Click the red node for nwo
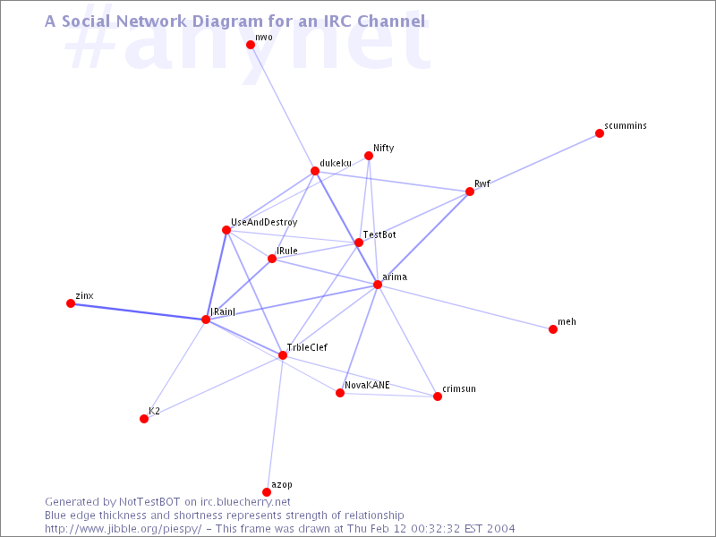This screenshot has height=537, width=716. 251,44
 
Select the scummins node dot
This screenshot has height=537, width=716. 600,133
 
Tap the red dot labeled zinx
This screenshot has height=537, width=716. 71,303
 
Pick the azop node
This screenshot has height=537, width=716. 267,491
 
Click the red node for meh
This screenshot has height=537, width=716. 553,329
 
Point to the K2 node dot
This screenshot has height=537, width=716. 144,419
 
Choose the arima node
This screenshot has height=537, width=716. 378,285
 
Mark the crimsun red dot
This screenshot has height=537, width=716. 438,396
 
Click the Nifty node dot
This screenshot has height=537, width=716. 369,156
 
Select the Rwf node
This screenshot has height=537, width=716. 470,192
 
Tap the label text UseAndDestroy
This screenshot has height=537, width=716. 264,222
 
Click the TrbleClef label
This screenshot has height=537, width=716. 307,347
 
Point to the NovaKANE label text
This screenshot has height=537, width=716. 367,385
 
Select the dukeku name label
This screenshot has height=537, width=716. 336,163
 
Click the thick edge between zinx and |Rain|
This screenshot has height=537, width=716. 139,311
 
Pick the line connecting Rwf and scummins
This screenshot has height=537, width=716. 534,163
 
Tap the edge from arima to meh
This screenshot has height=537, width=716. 465,307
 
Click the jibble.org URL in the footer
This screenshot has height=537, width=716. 124,529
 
